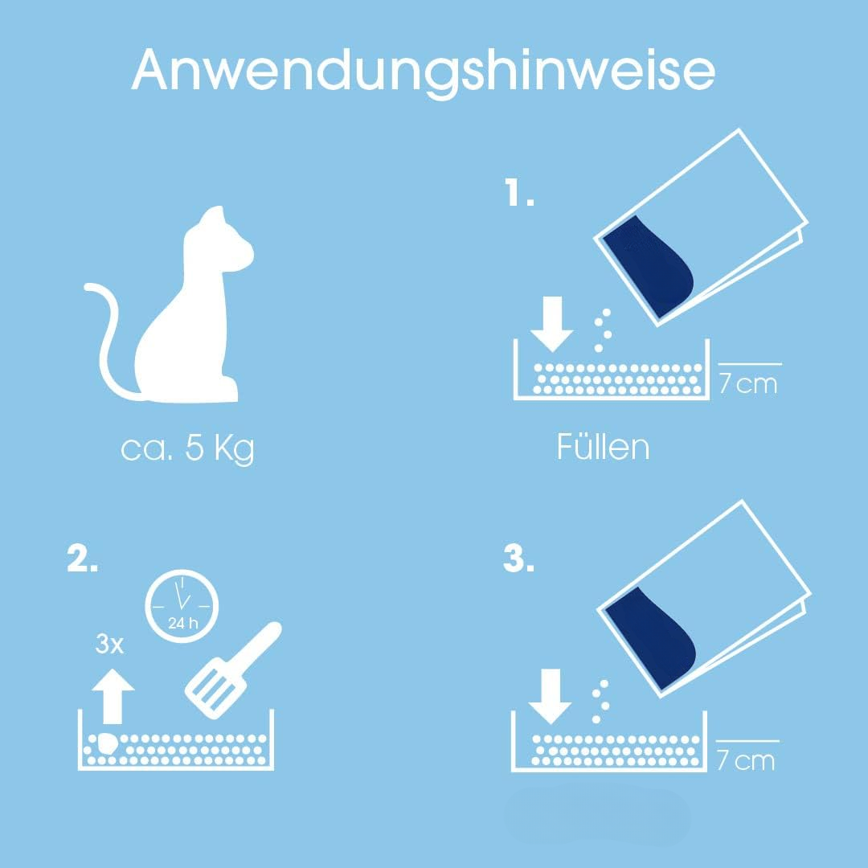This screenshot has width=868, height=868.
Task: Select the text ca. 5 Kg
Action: tap(187, 448)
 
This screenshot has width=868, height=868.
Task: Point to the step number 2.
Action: tap(82, 561)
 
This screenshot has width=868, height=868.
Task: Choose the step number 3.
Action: tap(518, 561)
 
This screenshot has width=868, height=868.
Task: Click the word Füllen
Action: tap(603, 448)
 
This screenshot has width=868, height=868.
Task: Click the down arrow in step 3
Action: tap(550, 695)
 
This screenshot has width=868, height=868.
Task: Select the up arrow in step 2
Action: tap(113, 696)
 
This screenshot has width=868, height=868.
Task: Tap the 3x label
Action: tap(109, 644)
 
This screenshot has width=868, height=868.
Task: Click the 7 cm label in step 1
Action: tap(747, 383)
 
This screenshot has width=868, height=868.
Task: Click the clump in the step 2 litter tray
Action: tap(104, 744)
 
